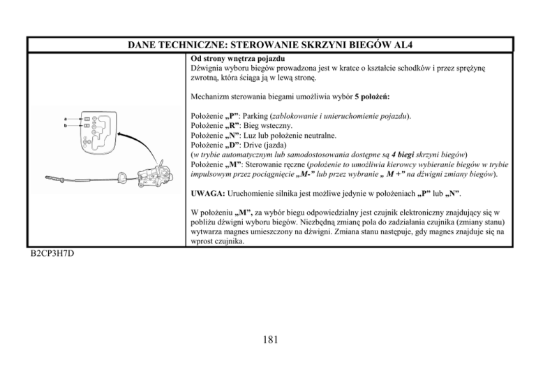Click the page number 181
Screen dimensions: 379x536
coord(267,340)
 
